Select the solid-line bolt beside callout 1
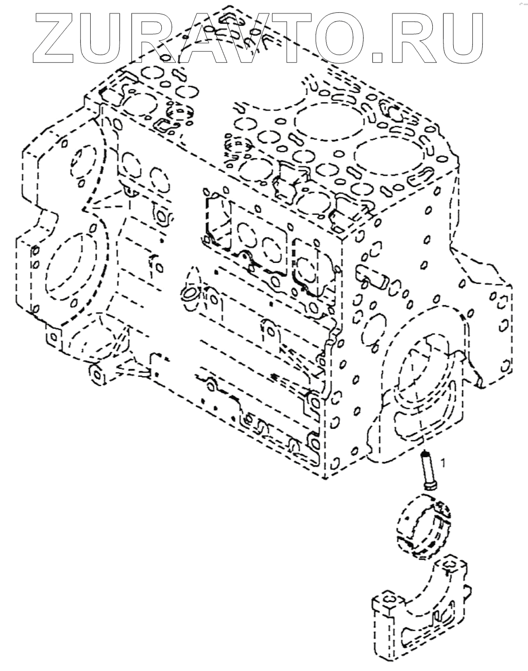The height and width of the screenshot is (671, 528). pyautogui.click(x=427, y=471)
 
